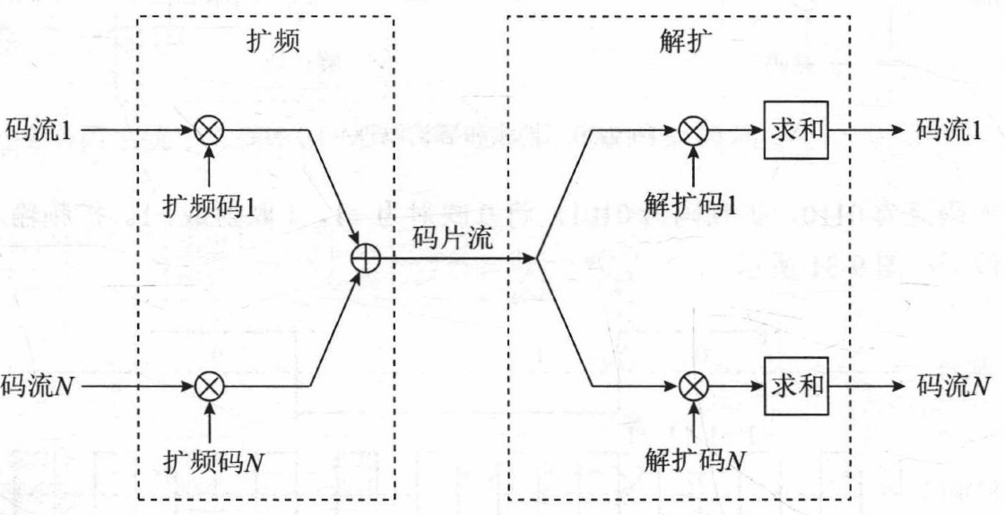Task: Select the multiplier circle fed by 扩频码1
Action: click(x=209, y=131)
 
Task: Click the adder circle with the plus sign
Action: click(x=368, y=259)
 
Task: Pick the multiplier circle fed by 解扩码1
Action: click(x=692, y=131)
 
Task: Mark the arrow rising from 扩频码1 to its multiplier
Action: click(x=209, y=165)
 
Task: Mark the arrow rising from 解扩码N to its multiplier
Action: click(x=692, y=422)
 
